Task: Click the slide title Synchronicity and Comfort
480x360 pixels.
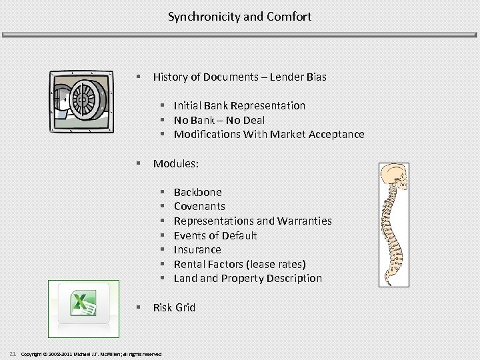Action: coord(239,16)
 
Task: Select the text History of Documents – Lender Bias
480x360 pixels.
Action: coord(239,77)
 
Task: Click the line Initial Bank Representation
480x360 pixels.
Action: coord(239,105)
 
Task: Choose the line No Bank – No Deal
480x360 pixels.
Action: coord(219,120)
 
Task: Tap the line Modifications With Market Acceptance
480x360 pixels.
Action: coord(269,134)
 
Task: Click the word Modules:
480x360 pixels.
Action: coord(176,163)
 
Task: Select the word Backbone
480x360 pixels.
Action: coord(197,192)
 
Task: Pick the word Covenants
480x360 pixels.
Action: coord(199,206)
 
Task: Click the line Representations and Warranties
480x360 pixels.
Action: coord(252,221)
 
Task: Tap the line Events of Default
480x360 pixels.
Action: coord(215,235)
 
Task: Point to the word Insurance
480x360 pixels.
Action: coord(197,249)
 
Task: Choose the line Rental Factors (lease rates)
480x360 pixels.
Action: coord(239,264)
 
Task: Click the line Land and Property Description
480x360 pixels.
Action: coord(247,278)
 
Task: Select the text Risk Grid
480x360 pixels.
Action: coord(174,307)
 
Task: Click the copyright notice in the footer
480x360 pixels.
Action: coord(91,353)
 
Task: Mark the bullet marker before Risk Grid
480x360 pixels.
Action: coord(137,307)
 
